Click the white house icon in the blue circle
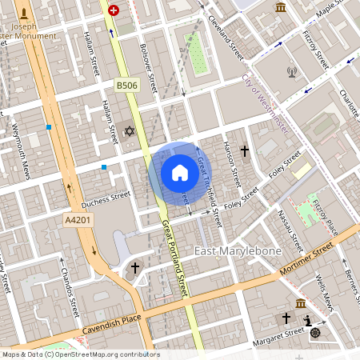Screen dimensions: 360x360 (x=180, y=172)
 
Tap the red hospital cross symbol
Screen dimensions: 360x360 (x=114, y=10)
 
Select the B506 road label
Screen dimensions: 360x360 (x=126, y=85)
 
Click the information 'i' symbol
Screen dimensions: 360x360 (x=308, y=320)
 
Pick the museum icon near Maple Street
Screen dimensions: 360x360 (x=281, y=7)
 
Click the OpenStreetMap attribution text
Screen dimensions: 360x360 (x=80, y=354)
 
